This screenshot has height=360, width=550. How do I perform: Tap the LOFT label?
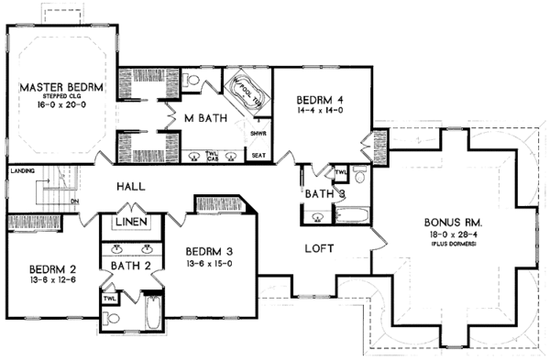pyautogui.click(x=319, y=248)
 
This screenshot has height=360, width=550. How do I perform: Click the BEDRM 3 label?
pyautogui.click(x=210, y=251)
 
